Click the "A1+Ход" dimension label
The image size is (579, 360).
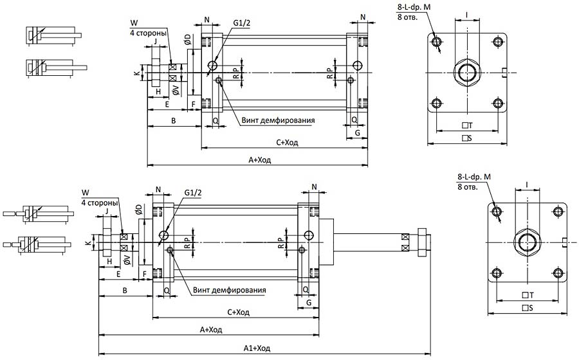pyautogui.click(x=255, y=348)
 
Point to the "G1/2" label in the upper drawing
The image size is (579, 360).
pyautogui.click(x=241, y=24)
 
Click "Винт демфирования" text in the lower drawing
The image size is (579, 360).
pyautogui.click(x=229, y=290)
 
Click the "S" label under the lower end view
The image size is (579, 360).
pyautogui.click(x=528, y=308)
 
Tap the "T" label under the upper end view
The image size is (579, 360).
pyautogui.click(x=468, y=125)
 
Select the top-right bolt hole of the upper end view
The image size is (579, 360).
pyautogui.click(x=497, y=42)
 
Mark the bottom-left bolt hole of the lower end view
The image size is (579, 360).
pyautogui.click(x=497, y=275)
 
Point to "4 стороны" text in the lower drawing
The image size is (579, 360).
pyautogui.click(x=100, y=203)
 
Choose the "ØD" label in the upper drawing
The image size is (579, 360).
pyautogui.click(x=186, y=40)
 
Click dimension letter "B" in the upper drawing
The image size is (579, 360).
pyautogui.click(x=173, y=121)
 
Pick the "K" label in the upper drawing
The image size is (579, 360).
pyautogui.click(x=136, y=73)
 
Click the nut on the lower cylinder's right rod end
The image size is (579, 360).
pyautogui.click(x=422, y=240)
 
